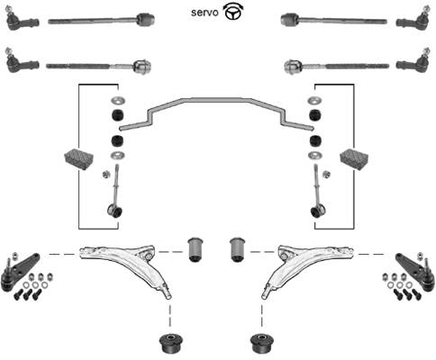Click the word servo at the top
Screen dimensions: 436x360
tap(204, 13)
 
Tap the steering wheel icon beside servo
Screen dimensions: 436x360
tap(233, 13)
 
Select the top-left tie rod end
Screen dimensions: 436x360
tap(22, 19)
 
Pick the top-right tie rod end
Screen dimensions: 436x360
tap(413, 19)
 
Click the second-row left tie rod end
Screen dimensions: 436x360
tap(22, 61)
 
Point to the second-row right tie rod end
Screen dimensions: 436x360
tap(413, 61)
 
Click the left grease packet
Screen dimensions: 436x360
tap(79, 158)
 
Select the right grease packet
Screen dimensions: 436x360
tap(354, 158)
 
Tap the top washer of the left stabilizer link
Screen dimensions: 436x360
tap(118, 100)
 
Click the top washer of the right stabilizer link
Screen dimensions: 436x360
tap(314, 100)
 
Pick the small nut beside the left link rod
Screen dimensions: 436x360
tap(105, 174)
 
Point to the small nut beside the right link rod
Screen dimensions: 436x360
tap(326, 174)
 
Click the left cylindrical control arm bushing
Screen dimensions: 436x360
tap(195, 249)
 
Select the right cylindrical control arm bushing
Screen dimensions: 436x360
tap(238, 249)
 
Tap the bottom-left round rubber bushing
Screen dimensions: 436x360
tap(171, 344)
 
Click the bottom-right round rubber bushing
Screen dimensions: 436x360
tap(262, 344)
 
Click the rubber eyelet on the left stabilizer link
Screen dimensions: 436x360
tap(115, 211)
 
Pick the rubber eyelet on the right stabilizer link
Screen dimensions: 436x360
tap(317, 211)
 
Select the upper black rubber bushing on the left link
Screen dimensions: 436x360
tap(117, 115)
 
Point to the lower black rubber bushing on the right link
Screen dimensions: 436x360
tap(315, 140)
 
